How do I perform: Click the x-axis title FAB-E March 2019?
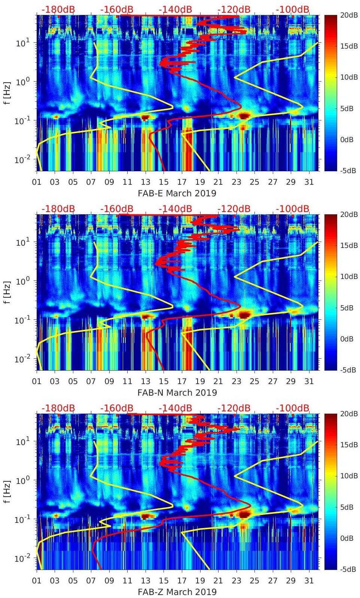pyautogui.click(x=177, y=193)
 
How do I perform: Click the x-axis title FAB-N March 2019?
pyautogui.click(x=177, y=393)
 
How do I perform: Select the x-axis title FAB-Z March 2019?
pyautogui.click(x=177, y=592)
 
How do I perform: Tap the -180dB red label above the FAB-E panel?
pyautogui.click(x=58, y=9)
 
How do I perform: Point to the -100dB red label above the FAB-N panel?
pyautogui.click(x=293, y=209)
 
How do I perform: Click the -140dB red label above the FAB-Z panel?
pyautogui.click(x=175, y=408)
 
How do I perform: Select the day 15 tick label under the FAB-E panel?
pyautogui.click(x=164, y=182)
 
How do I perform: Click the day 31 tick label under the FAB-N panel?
pyautogui.click(x=309, y=381)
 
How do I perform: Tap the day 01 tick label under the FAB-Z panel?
pyautogui.click(x=37, y=581)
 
